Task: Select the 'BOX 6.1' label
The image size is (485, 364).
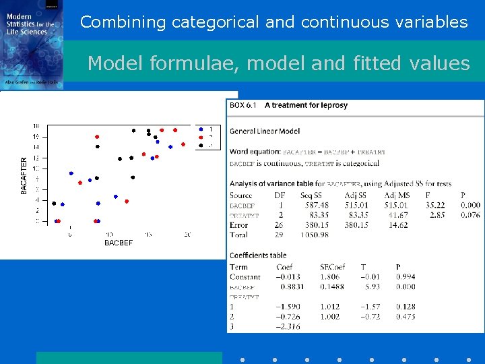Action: [x=243, y=105]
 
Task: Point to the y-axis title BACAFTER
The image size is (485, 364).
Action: [x=24, y=176]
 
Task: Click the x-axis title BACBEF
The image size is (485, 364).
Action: [x=119, y=243]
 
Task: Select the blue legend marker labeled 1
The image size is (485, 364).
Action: [x=200, y=129]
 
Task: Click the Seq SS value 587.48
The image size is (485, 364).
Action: [x=317, y=206]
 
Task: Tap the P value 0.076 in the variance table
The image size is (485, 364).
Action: [x=470, y=215]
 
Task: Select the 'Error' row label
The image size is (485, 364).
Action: [x=238, y=225]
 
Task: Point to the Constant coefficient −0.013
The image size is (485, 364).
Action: [x=289, y=277]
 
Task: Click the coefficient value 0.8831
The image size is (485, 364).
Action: [x=290, y=286]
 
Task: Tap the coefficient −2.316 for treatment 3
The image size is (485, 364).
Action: [x=289, y=326]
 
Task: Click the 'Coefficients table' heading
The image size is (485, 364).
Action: [x=258, y=255]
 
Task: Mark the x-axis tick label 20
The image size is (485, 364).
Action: [x=187, y=235]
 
